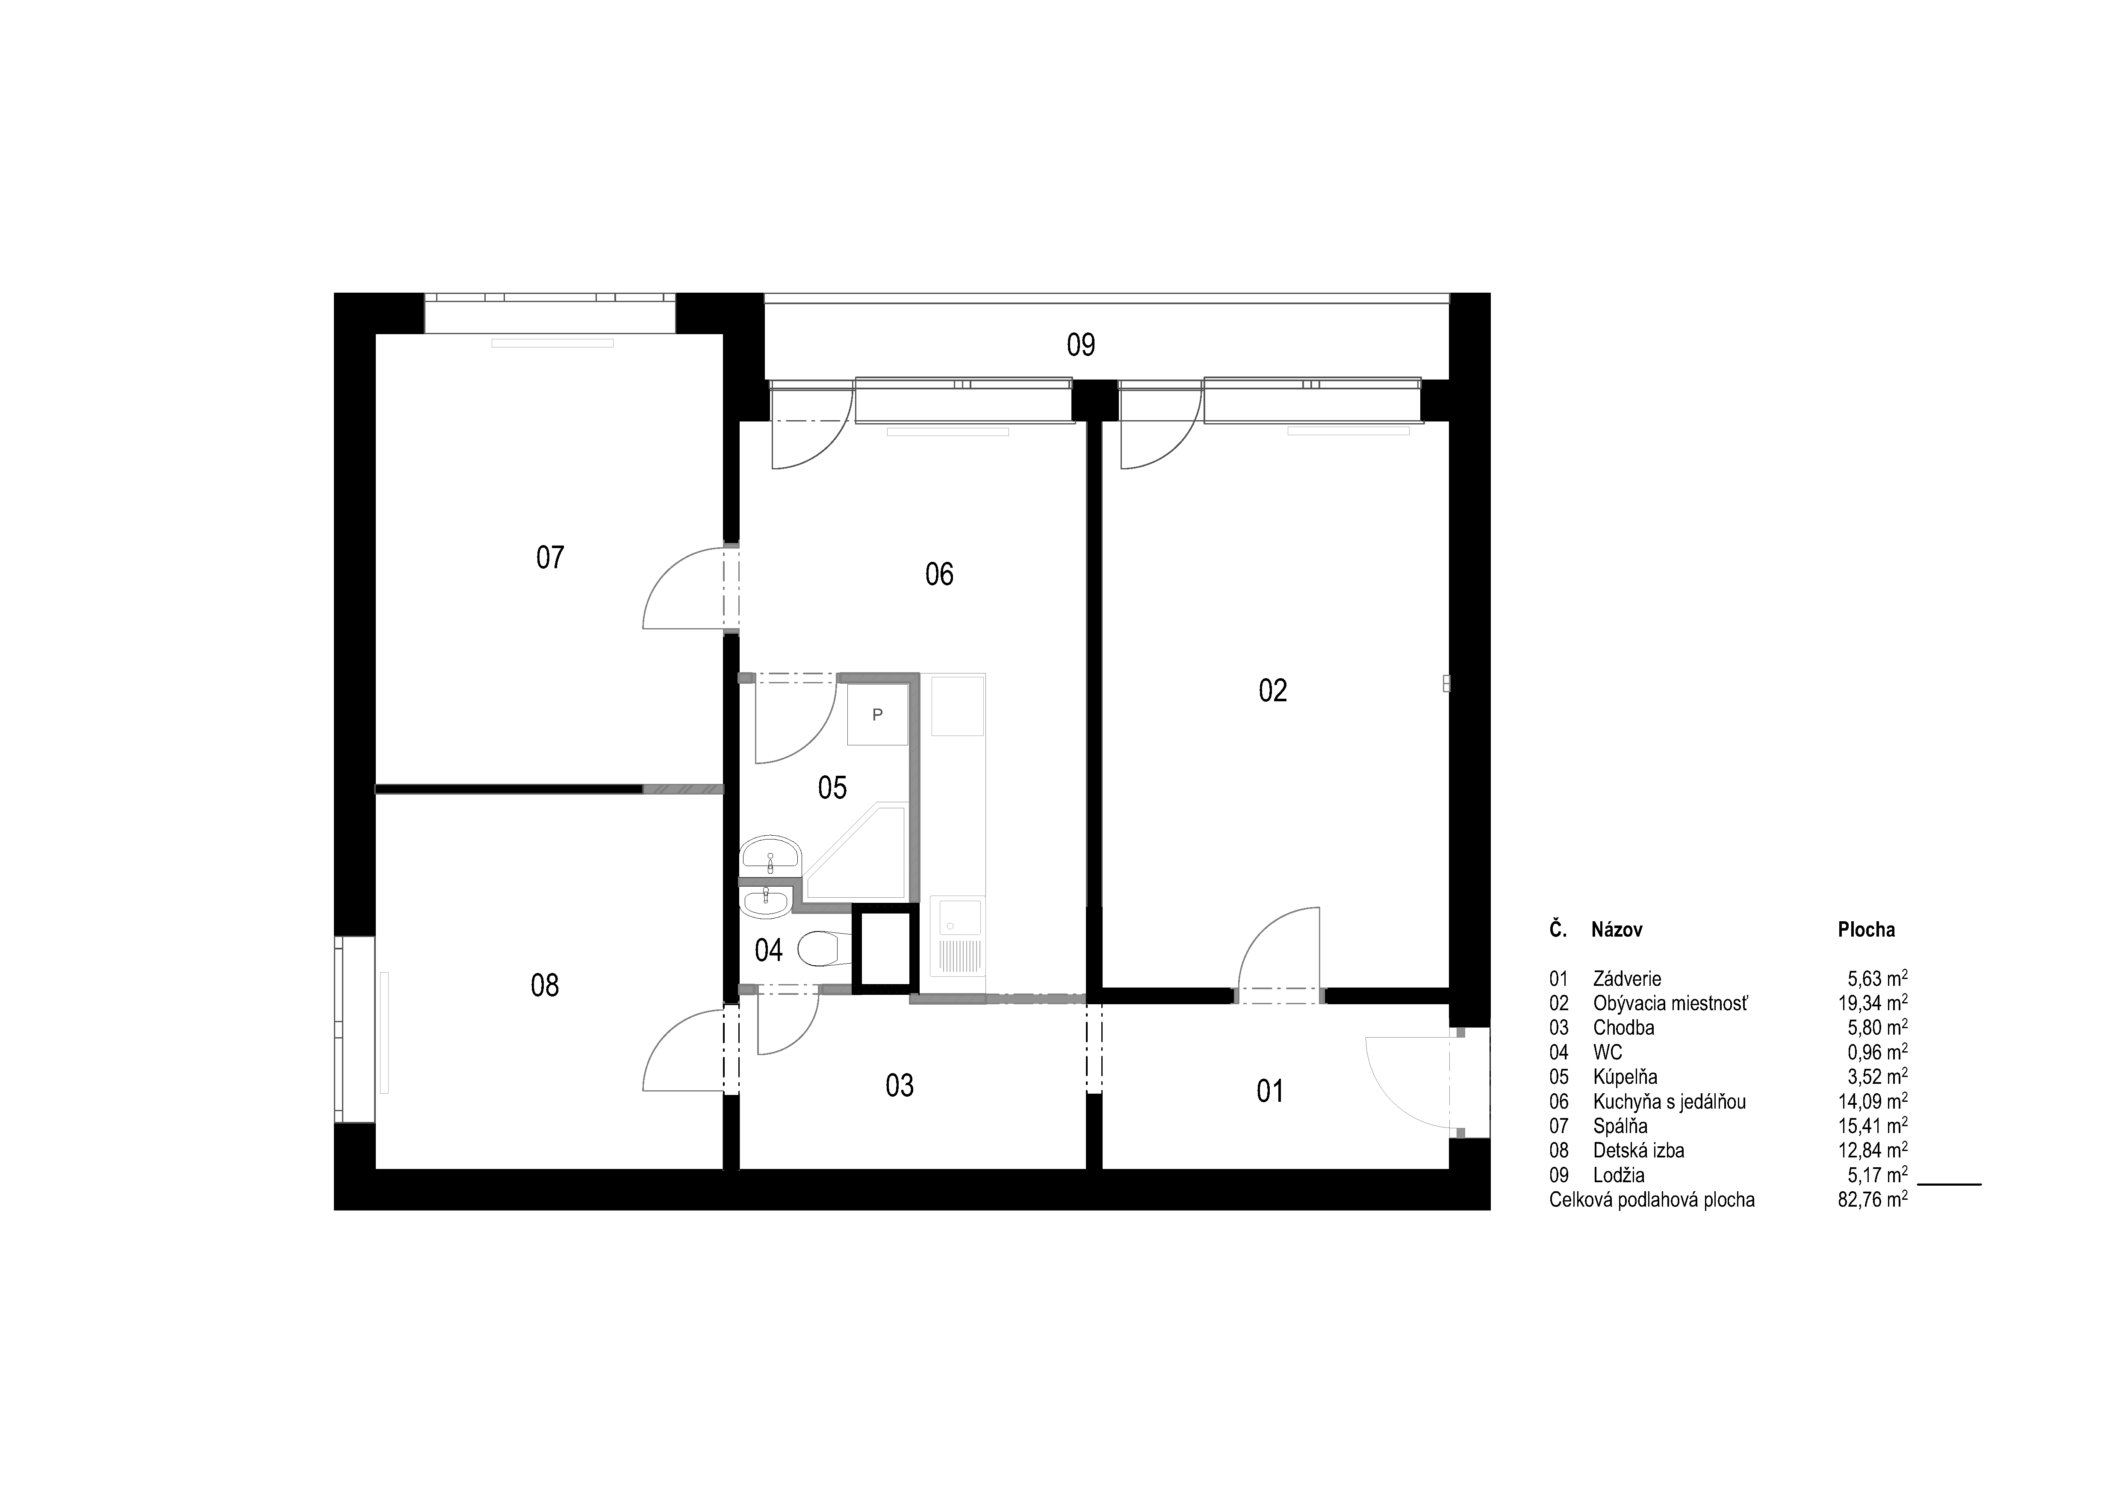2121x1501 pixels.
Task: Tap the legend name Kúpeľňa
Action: click(x=1625, y=1077)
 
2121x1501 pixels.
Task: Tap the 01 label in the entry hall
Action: click(x=1270, y=1092)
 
